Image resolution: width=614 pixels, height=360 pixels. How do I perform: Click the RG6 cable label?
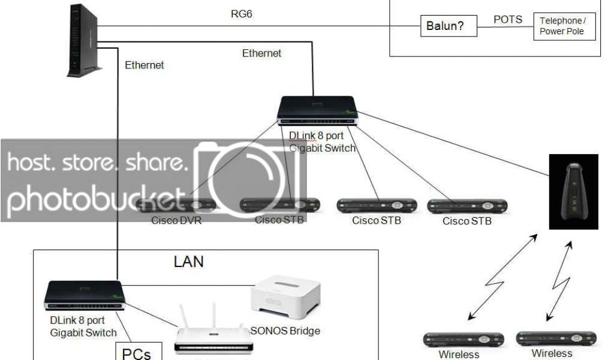point(242,13)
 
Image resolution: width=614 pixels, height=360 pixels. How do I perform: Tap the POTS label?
point(507,19)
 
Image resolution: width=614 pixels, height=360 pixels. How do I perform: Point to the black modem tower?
point(82,41)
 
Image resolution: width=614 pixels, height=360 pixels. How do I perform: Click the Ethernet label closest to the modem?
point(144,65)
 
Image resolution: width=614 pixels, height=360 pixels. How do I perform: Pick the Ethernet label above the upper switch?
point(261,53)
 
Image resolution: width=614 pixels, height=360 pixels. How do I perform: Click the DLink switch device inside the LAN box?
point(84,294)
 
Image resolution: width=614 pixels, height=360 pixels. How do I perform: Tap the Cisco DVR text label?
point(176,220)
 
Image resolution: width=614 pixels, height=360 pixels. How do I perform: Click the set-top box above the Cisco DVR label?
point(176,205)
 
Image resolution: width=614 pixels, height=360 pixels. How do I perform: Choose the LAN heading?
point(188,262)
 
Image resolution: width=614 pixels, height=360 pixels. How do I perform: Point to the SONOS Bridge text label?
point(285,331)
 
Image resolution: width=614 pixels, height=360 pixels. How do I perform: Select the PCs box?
point(136,352)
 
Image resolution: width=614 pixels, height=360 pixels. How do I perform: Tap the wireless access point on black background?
point(574,191)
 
